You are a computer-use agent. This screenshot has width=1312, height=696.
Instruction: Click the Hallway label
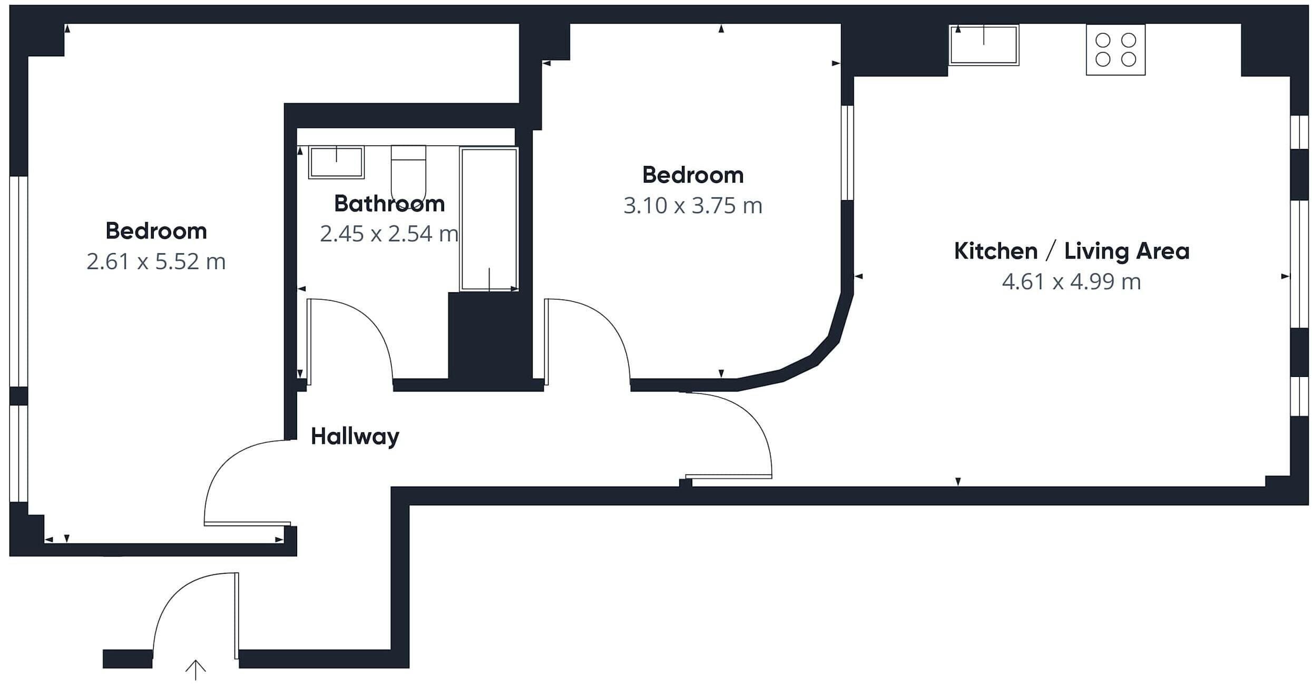tap(355, 436)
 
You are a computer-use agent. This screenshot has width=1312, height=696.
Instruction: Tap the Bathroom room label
tap(389, 204)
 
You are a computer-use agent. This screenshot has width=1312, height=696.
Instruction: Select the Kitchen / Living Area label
tap(1071, 251)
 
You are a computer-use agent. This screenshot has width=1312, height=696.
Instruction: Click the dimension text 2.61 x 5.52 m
tap(156, 262)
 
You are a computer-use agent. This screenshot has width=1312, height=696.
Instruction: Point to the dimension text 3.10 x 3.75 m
tap(692, 205)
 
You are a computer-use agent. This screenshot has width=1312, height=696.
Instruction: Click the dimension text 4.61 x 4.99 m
tap(1071, 282)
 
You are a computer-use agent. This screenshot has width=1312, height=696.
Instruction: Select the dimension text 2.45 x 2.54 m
tap(389, 234)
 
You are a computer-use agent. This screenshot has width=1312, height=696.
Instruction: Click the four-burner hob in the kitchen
tap(1115, 50)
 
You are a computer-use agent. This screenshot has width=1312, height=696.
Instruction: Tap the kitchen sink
tap(983, 45)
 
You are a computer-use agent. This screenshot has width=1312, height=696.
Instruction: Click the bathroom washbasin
tap(336, 162)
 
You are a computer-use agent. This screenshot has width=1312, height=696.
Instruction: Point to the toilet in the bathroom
tap(408, 174)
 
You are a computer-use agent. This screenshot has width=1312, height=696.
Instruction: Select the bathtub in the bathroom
tap(489, 218)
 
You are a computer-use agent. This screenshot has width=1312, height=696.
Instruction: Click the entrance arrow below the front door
tap(195, 670)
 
